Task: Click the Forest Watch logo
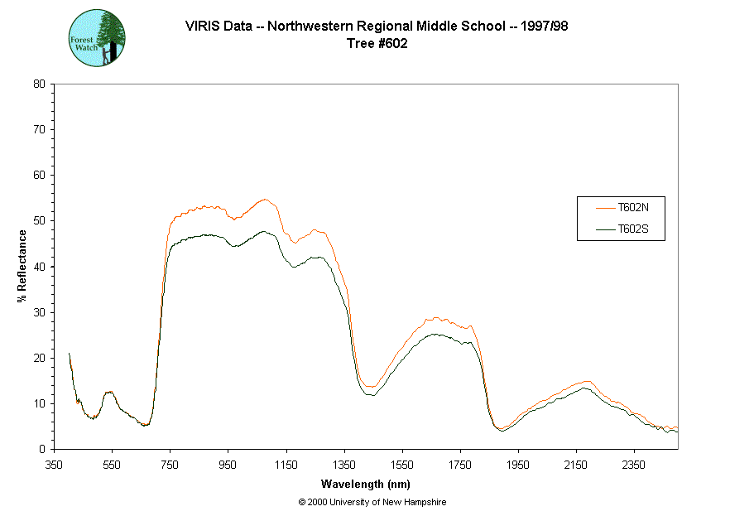tap(97, 38)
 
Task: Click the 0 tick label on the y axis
tap(42, 449)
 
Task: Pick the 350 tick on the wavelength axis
tap(54, 465)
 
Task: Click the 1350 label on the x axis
tap(344, 465)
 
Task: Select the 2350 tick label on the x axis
tap(635, 465)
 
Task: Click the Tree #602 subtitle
tap(377, 44)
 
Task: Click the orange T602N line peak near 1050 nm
tap(264, 200)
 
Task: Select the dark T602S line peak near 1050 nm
tap(264, 232)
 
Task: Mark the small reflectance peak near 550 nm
tap(109, 392)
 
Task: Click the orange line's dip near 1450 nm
tap(369, 386)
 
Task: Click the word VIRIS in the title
tap(200, 26)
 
